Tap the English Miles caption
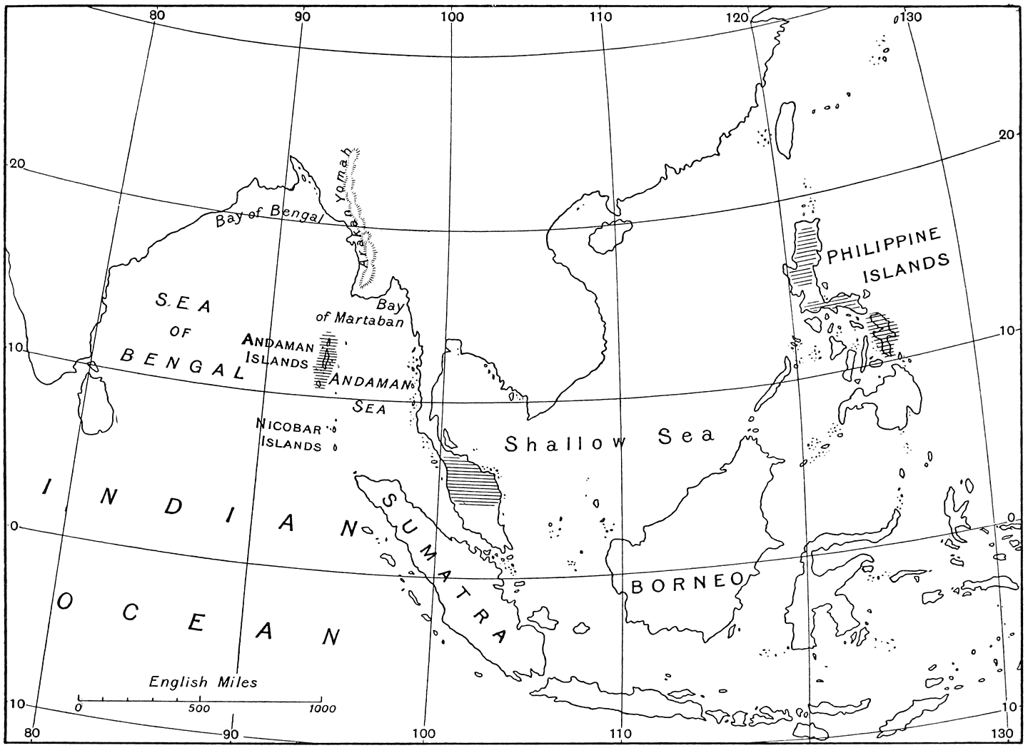[203, 682]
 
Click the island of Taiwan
[786, 129]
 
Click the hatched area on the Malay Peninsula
[473, 483]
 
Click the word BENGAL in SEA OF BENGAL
[182, 363]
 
